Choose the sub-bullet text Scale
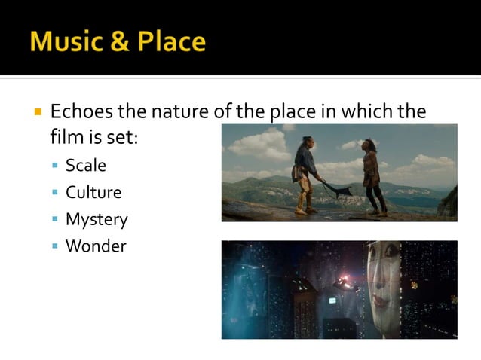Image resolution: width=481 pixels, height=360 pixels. pos(86,166)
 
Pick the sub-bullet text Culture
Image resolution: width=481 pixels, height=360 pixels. pos(93,193)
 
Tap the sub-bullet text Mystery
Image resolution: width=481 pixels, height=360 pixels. pos(97,220)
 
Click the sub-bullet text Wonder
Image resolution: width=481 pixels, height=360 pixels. pos(96,246)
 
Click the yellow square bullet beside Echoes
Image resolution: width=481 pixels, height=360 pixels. pos(37,113)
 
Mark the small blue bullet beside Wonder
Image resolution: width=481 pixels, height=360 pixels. pos(55,247)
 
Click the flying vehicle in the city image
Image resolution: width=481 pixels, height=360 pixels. pos(345,285)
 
